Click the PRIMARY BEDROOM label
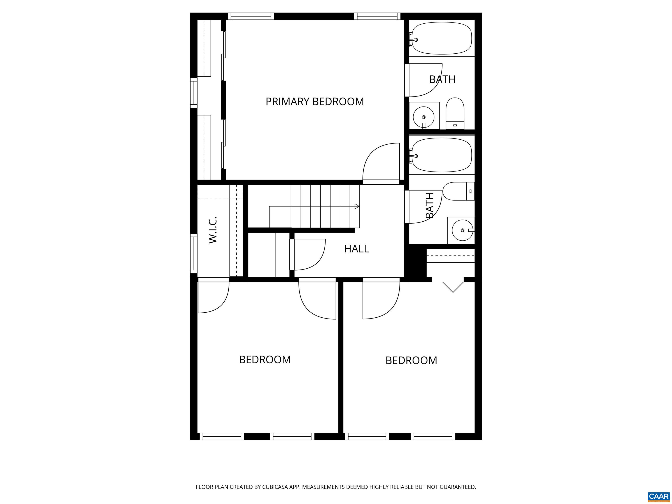click(x=315, y=101)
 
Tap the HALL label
click(x=356, y=249)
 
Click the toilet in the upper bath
click(x=455, y=113)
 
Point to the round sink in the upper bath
click(x=424, y=117)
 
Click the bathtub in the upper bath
click(x=441, y=38)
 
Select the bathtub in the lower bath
click(x=441, y=155)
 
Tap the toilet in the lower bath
click(x=458, y=191)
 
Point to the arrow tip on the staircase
click(x=357, y=206)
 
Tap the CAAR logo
click(x=658, y=496)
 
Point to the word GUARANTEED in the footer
click(x=457, y=487)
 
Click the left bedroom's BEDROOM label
click(x=265, y=360)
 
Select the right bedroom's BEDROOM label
click(x=411, y=360)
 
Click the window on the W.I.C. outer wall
click(x=194, y=253)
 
